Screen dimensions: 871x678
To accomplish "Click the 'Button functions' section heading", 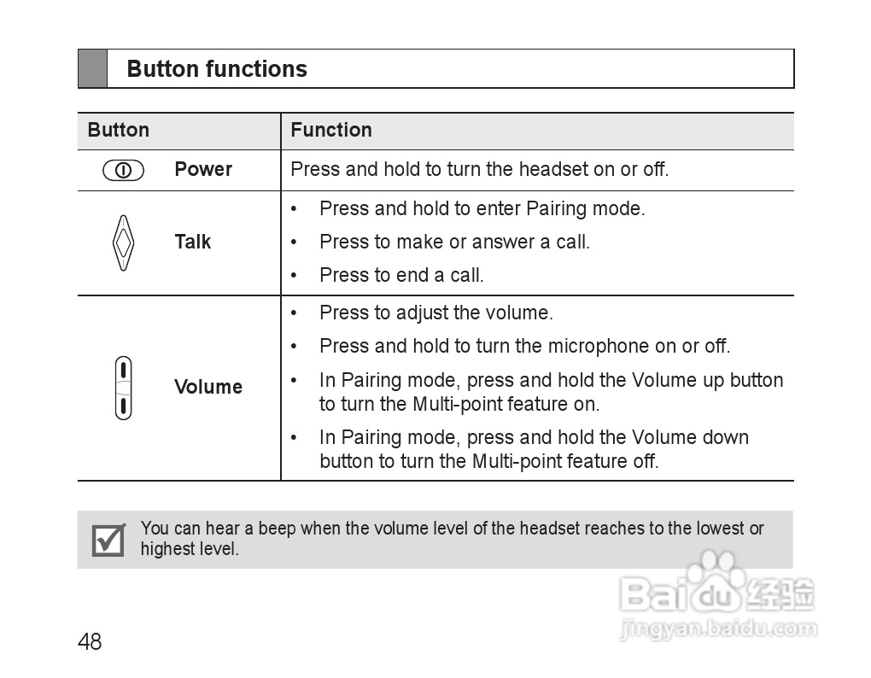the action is tap(217, 69).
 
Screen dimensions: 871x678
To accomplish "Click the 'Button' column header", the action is tap(118, 131).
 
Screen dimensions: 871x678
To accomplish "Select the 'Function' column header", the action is tap(330, 131).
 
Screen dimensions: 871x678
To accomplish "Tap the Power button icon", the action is tap(123, 170).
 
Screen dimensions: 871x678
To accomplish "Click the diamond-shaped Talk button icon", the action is tap(124, 243).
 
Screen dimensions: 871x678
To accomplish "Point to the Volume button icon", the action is tap(124, 388).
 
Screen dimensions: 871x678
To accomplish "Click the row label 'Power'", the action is tap(203, 170).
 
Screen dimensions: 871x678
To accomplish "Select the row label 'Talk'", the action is tap(192, 243).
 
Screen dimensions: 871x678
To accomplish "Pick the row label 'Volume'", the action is tap(208, 388).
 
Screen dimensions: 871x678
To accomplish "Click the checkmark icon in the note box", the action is tap(108, 540).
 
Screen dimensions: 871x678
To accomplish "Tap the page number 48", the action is tap(90, 642).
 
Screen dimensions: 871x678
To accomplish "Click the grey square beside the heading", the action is tap(93, 69).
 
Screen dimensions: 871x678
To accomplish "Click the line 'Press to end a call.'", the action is tap(401, 276).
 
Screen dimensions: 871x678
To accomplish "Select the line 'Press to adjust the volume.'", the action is tap(435, 313).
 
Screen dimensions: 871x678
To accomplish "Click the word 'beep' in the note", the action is tap(277, 529).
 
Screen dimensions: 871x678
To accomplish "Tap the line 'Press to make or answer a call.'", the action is tap(454, 243).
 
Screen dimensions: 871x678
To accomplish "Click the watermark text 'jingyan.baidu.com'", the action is tap(717, 630).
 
